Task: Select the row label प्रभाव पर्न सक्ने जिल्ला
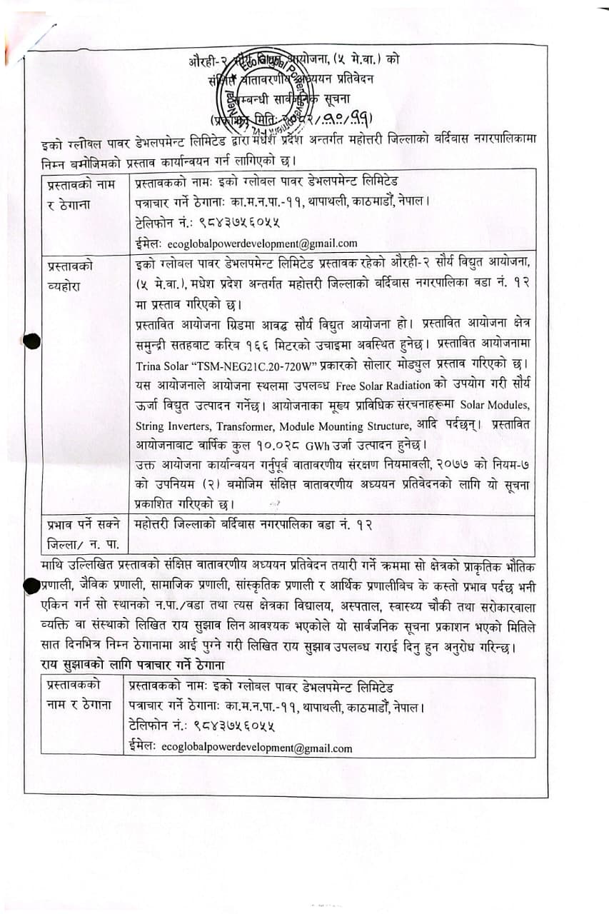(x=80, y=535)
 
